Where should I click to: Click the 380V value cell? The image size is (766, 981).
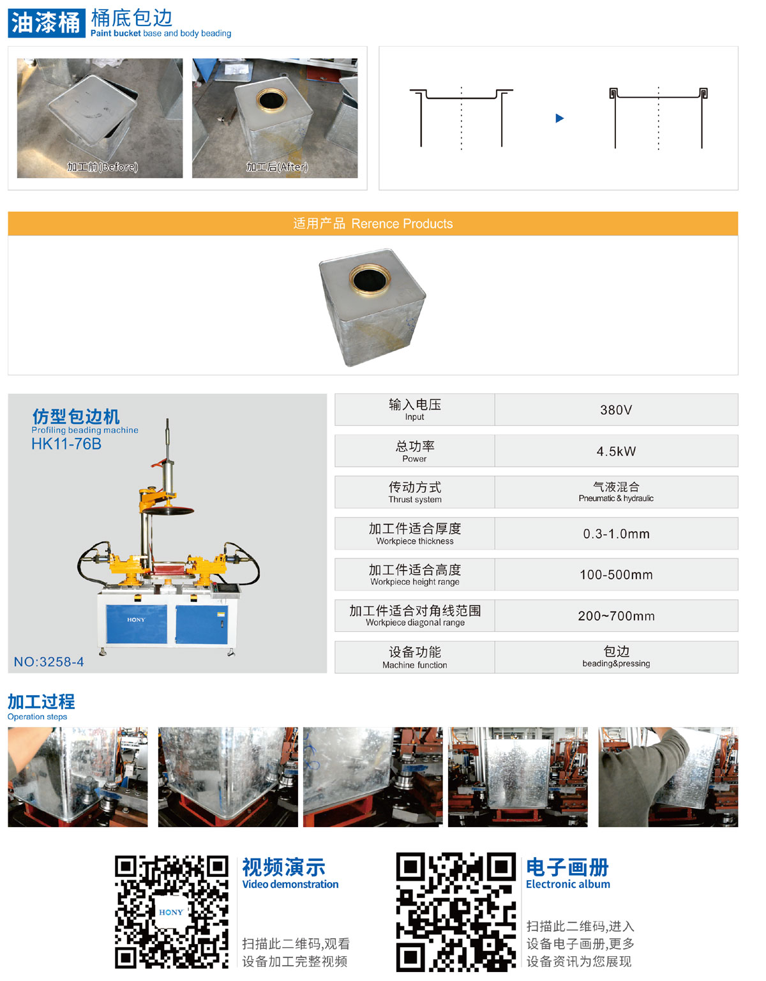pyautogui.click(x=615, y=410)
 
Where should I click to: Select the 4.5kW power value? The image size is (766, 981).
pyautogui.click(x=615, y=451)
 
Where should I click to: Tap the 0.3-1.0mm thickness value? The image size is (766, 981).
pyautogui.click(x=615, y=534)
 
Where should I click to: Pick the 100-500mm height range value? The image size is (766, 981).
pyautogui.click(x=615, y=574)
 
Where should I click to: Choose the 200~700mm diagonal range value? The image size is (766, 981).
pyautogui.click(x=615, y=616)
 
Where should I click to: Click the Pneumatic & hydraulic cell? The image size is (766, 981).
pyautogui.click(x=615, y=492)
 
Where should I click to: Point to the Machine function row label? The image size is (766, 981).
pyautogui.click(x=414, y=657)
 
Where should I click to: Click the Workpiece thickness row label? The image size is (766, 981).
pyautogui.click(x=414, y=534)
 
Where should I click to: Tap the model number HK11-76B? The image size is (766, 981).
pyautogui.click(x=66, y=444)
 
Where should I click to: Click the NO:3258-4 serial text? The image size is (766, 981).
pyautogui.click(x=49, y=662)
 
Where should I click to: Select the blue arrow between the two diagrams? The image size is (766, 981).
pyautogui.click(x=559, y=118)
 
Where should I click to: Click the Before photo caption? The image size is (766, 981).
pyautogui.click(x=102, y=167)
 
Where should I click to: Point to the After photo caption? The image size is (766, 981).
pyautogui.click(x=277, y=167)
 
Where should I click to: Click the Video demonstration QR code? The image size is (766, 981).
pyautogui.click(x=171, y=912)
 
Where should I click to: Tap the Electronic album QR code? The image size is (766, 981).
pyautogui.click(x=455, y=912)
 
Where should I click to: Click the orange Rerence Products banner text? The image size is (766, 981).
pyautogui.click(x=373, y=224)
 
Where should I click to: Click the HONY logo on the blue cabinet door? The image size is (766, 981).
pyautogui.click(x=136, y=620)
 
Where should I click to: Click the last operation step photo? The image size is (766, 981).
pyautogui.click(x=668, y=777)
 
